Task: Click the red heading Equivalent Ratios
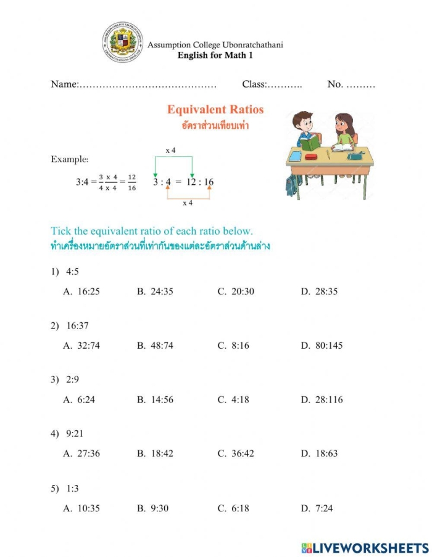coord(215,110)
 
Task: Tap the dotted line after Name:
coord(148,84)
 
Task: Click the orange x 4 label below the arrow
coord(188,202)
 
